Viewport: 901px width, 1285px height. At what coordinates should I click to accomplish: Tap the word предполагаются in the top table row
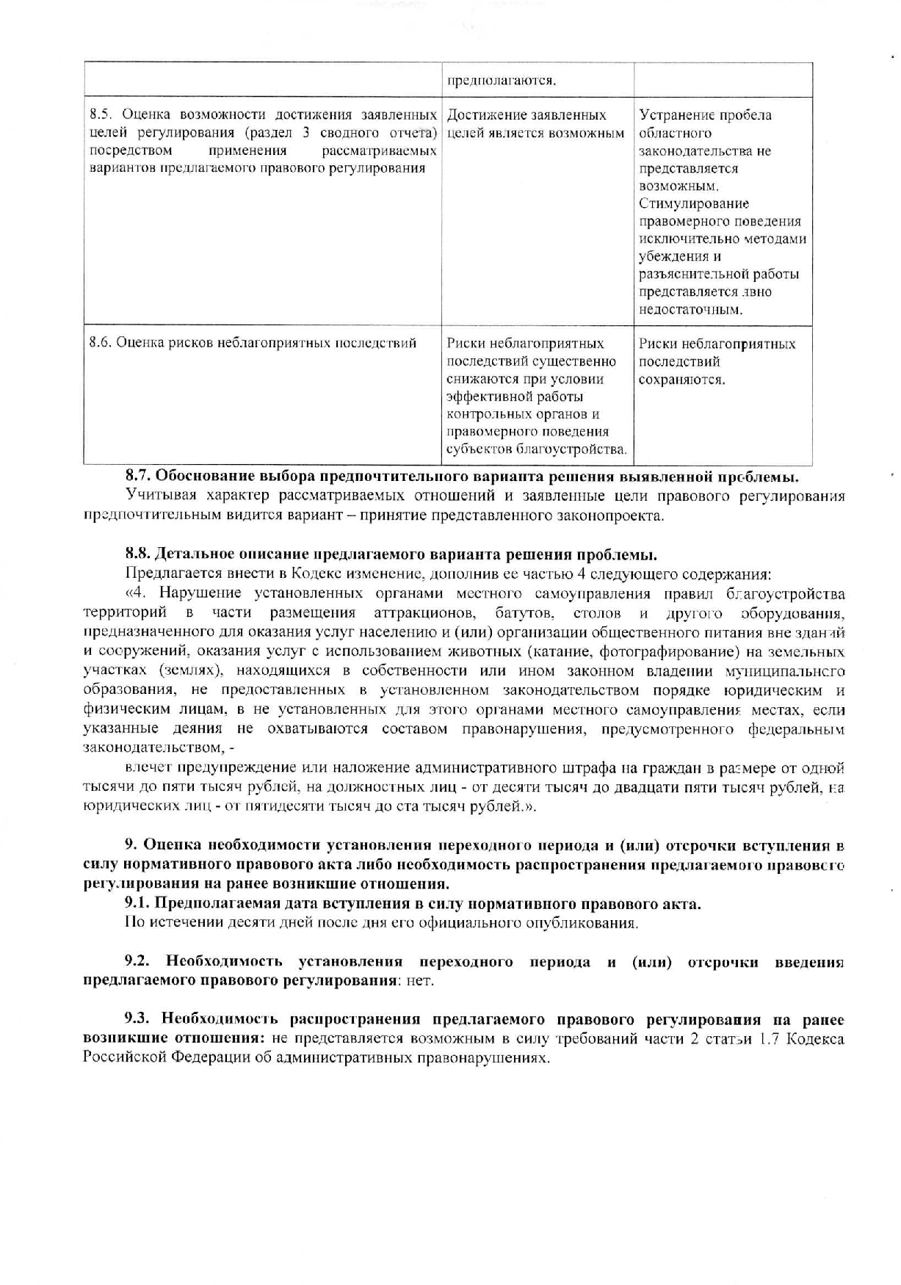click(x=501, y=80)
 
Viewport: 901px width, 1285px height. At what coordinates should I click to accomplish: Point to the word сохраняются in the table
click(x=681, y=380)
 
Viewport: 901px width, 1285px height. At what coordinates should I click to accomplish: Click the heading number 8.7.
click(x=138, y=477)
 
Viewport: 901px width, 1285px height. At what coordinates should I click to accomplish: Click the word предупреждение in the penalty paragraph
click(x=240, y=768)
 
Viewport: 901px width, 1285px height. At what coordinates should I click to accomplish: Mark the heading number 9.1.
click(x=137, y=904)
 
